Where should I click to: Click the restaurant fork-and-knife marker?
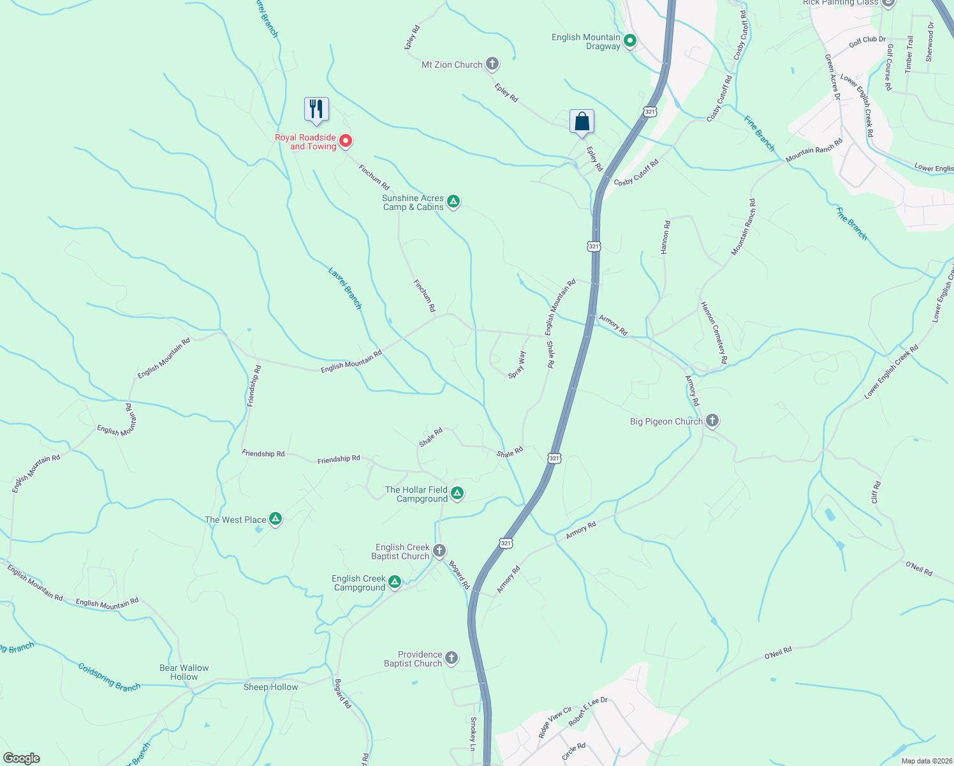316,109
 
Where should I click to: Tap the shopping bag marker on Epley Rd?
582,121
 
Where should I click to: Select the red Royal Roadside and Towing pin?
345,140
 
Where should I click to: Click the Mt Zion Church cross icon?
492,64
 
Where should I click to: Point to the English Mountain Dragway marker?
629,41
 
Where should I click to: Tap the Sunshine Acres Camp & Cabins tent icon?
453,202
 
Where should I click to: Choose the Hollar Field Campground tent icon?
457,493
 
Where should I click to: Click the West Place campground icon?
275,519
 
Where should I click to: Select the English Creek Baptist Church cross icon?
439,550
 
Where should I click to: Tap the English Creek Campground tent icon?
395,582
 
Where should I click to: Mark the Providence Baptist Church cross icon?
451,658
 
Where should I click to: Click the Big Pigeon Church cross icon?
712,421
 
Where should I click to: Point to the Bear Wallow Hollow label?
184,672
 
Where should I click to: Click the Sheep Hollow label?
270,687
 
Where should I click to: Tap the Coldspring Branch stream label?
109,677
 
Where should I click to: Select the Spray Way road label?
517,365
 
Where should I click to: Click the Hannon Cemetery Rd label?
714,333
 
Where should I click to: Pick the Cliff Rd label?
876,492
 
